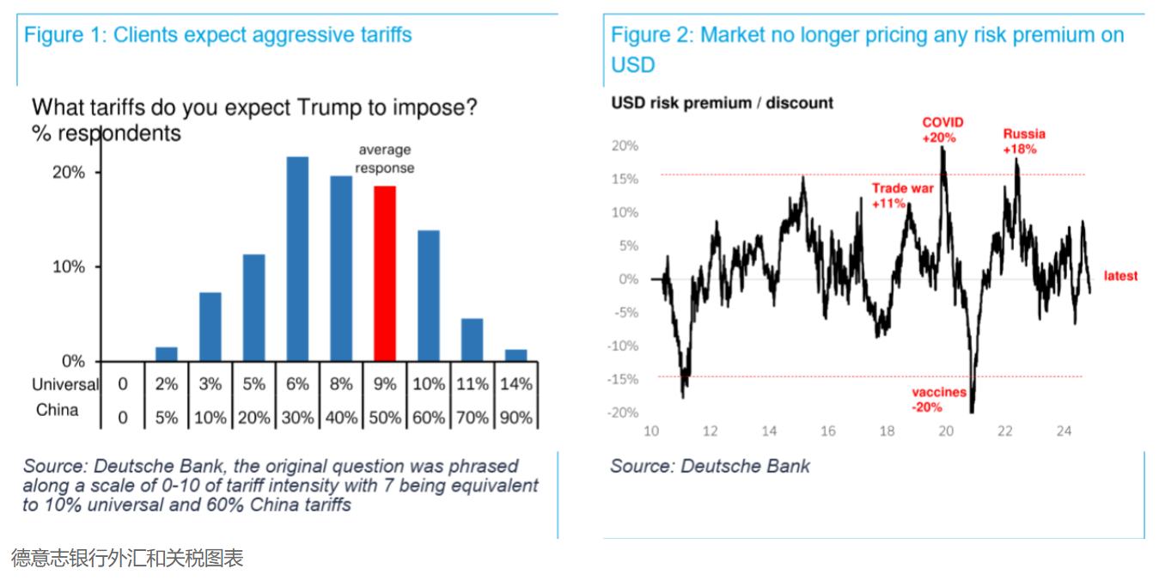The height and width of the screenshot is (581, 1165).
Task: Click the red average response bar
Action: [x=385, y=273]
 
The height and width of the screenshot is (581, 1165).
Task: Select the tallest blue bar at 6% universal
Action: [x=297, y=259]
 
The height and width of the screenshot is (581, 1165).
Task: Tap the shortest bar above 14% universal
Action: [x=515, y=355]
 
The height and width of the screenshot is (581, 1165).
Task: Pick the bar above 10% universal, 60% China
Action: [x=429, y=296]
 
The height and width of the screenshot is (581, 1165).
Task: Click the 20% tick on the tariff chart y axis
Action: [x=69, y=173]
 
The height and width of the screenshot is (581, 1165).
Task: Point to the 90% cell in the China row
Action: [x=515, y=418]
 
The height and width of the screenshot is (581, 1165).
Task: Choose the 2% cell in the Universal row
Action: [x=167, y=384]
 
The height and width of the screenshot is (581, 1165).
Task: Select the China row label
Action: [x=58, y=410]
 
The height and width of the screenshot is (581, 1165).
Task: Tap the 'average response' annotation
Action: [x=385, y=159]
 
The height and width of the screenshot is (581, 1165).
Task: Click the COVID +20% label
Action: [x=943, y=130]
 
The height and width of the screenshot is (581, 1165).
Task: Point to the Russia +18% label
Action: [x=1024, y=141]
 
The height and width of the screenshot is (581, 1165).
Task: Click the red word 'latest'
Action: [x=1120, y=276]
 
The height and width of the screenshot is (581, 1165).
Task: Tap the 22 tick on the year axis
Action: [x=1004, y=431]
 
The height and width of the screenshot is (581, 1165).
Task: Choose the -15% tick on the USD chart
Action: [x=625, y=379]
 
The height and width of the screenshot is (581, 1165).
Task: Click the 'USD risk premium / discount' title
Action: [x=722, y=103]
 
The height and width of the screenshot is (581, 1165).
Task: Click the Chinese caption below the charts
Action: [x=127, y=559]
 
